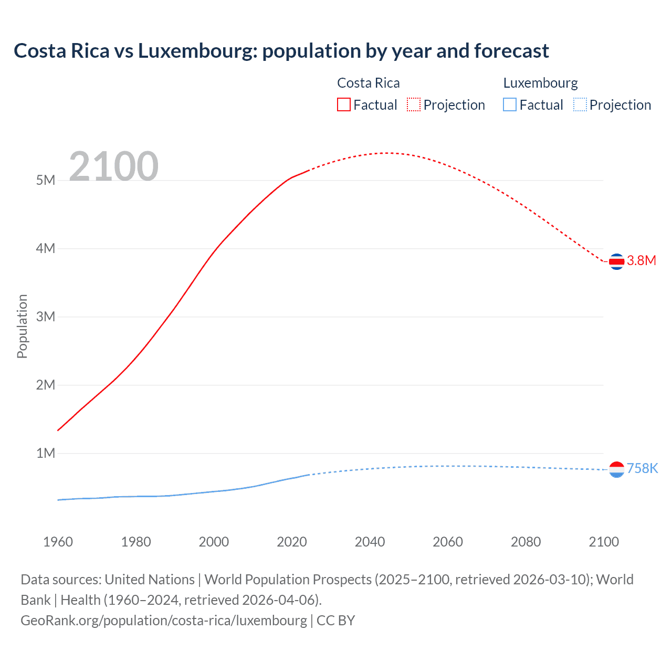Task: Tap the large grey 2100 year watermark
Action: tap(113, 166)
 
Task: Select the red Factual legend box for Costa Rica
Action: tap(343, 104)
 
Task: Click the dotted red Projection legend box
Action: tap(414, 104)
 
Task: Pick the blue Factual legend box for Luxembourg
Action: tap(510, 104)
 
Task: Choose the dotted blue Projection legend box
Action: tap(580, 104)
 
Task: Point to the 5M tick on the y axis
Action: tap(46, 180)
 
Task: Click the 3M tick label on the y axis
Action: tap(46, 317)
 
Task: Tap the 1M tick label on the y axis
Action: tap(46, 453)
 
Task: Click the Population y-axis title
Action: tap(22, 326)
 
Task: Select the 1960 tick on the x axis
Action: tap(58, 542)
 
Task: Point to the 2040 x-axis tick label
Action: tap(370, 542)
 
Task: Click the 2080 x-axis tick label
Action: tap(526, 542)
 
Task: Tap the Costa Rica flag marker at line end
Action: tap(616, 261)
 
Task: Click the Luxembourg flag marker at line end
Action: tap(616, 469)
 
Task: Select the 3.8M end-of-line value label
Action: tap(642, 261)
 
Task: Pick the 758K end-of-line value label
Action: tap(643, 468)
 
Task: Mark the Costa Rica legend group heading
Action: tap(368, 83)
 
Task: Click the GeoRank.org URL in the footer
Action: tap(164, 621)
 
